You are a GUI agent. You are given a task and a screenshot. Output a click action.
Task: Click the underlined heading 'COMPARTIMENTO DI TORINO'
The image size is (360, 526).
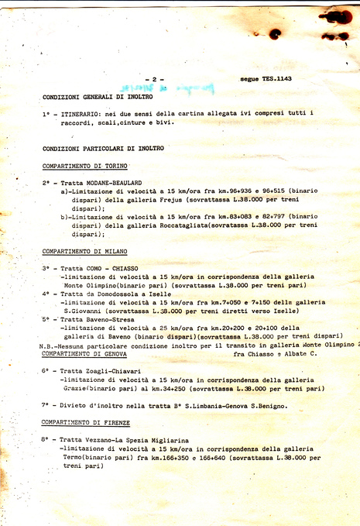pos(84,167)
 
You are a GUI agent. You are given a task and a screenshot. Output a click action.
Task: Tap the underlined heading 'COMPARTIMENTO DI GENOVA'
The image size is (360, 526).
pos(85,353)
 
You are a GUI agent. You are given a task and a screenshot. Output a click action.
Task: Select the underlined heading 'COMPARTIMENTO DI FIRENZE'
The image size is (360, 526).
pos(86,422)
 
